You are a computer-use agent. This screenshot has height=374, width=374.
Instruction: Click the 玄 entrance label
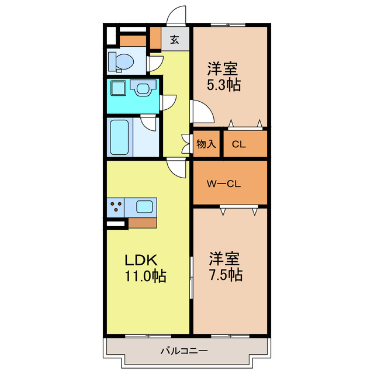(175, 40)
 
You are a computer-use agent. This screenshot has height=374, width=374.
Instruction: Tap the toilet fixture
(120, 60)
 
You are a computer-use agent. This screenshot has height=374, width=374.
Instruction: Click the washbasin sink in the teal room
(141, 88)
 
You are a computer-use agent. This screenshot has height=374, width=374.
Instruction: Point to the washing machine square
(119, 89)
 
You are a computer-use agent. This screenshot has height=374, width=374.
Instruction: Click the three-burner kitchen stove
(116, 207)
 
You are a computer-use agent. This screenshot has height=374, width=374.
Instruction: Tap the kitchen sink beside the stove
(144, 206)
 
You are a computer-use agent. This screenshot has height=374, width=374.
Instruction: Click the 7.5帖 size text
(225, 275)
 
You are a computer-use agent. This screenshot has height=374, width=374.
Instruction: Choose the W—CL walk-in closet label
(223, 183)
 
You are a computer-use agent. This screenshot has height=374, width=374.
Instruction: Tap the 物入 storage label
(206, 144)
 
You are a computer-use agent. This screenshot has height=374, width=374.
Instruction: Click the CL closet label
(238, 144)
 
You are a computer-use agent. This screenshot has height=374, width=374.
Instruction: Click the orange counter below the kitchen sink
(142, 223)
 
